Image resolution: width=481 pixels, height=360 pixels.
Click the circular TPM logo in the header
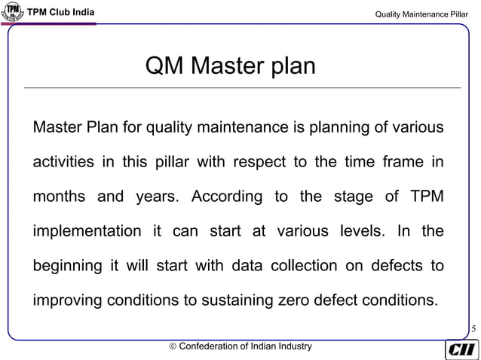13,13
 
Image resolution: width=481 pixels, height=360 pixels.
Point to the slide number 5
473,329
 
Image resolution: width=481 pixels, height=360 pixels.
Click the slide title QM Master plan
231,66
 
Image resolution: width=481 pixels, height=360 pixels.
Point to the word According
226,197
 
